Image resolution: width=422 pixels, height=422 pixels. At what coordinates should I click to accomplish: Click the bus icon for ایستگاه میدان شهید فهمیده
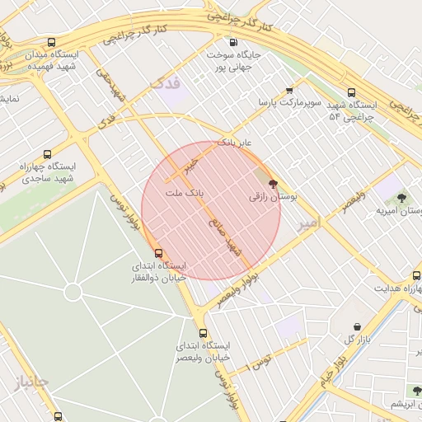click(52, 43)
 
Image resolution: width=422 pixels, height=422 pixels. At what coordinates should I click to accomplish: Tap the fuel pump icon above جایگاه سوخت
click(234, 42)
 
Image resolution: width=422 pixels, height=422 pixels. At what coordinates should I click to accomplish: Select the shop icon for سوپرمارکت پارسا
click(289, 91)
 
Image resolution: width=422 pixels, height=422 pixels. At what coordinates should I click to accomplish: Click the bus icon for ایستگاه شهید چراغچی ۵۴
click(352, 92)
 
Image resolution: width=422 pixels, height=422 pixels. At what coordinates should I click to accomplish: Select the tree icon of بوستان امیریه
click(401, 198)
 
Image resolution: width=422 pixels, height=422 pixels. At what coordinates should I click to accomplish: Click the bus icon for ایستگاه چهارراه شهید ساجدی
click(47, 153)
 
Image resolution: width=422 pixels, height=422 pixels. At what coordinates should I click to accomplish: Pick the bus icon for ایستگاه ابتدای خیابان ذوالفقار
click(158, 254)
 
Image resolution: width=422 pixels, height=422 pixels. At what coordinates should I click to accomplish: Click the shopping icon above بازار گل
click(356, 326)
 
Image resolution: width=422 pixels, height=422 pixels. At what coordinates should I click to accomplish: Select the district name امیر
click(307, 223)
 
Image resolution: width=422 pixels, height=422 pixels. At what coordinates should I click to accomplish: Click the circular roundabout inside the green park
click(73, 292)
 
